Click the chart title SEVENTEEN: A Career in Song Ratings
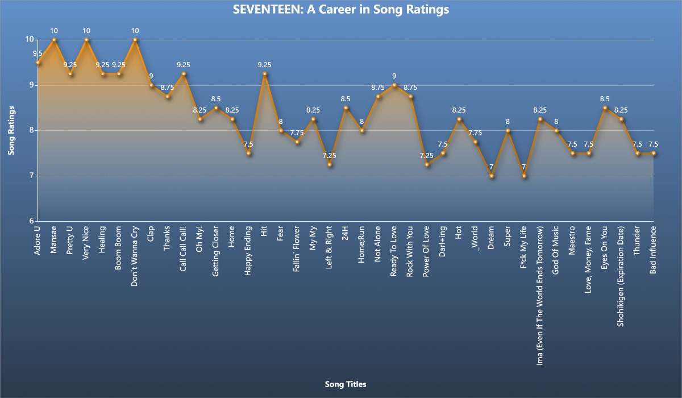tap(341, 10)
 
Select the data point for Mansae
tap(54, 40)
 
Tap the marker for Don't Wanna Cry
tap(135, 40)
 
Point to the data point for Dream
tap(492, 176)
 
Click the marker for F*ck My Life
tap(524, 176)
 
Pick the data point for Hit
tap(265, 74)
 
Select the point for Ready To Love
tap(394, 85)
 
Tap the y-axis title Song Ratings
tap(11, 130)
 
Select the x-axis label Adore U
tap(38, 241)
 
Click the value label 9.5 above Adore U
tap(38, 53)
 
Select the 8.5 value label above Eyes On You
tap(605, 99)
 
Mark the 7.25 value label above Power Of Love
tap(427, 156)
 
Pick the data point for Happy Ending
tap(248, 154)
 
